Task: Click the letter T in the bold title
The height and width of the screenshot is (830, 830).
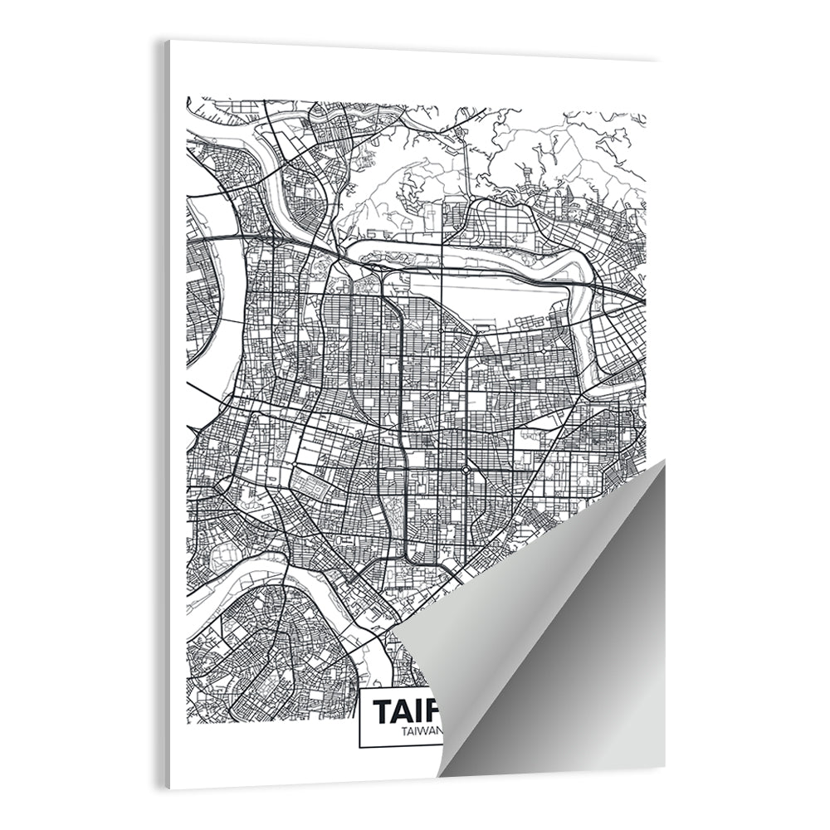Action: click(x=383, y=712)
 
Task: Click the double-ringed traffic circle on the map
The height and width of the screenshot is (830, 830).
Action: click(x=466, y=471)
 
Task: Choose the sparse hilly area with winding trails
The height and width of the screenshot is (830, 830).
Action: click(x=398, y=191)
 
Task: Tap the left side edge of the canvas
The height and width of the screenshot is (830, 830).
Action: click(x=167, y=415)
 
